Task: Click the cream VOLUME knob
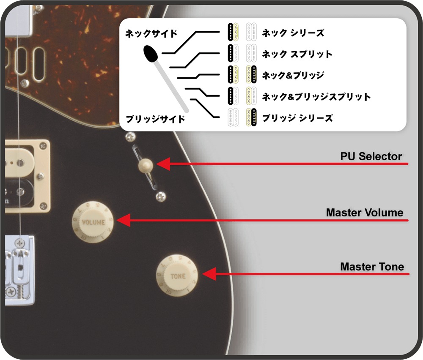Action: click(x=93, y=222)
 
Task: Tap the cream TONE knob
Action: click(x=177, y=275)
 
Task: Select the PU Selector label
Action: click(x=371, y=156)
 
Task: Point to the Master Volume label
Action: click(x=365, y=213)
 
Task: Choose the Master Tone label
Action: click(x=372, y=267)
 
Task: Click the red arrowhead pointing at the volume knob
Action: click(x=124, y=220)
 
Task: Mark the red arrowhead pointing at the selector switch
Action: click(x=163, y=164)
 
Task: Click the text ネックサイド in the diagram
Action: click(x=151, y=34)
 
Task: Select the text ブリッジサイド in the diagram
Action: click(x=155, y=119)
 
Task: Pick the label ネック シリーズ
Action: click(x=293, y=33)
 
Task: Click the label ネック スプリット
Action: click(x=297, y=54)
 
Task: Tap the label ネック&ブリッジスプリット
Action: click(x=316, y=96)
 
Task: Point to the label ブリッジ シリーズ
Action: click(x=297, y=118)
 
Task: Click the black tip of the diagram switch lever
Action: click(x=151, y=54)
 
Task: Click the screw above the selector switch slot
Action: click(x=131, y=136)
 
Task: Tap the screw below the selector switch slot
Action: click(x=161, y=197)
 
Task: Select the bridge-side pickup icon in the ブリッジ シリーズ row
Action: click(x=251, y=117)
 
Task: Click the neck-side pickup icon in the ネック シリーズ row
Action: click(x=233, y=32)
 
